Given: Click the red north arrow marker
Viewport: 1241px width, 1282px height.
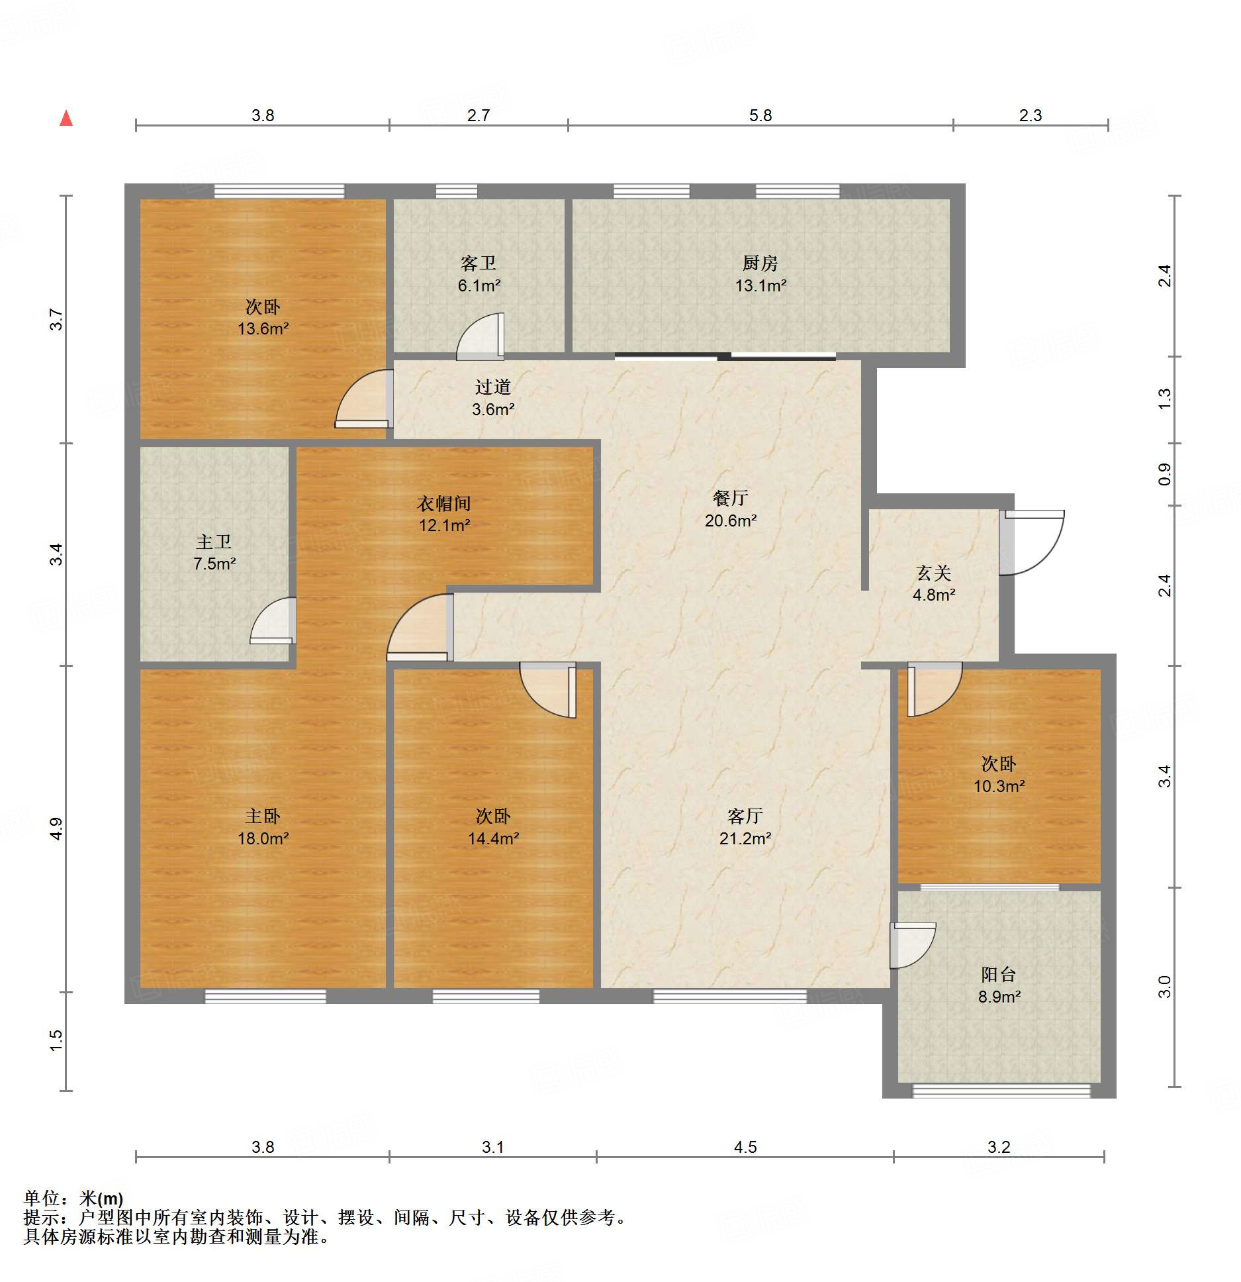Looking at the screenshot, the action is [x=66, y=119].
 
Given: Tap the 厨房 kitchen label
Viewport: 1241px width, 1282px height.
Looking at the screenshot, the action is [x=760, y=264].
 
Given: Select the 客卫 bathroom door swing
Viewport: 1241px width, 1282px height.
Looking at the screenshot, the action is [x=480, y=336].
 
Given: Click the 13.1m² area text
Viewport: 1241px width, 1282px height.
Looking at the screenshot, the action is [x=760, y=286].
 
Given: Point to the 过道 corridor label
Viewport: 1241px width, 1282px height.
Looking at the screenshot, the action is [x=493, y=387].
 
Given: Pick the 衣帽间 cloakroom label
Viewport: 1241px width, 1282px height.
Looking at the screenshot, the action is [x=444, y=503].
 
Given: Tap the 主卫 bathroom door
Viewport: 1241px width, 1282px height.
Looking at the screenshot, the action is [x=273, y=620].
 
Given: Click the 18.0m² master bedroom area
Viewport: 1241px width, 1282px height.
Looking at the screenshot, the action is [x=263, y=838].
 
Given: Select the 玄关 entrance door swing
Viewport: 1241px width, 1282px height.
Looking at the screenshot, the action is [x=1032, y=542].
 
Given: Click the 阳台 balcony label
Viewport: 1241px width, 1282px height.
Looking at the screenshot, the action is [x=998, y=975].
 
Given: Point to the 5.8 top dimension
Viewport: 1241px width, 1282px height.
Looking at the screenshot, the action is [x=760, y=115].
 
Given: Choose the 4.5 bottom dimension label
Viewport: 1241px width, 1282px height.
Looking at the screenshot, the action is [x=745, y=1147].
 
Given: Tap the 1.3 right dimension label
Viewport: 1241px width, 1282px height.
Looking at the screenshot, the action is [x=1164, y=399].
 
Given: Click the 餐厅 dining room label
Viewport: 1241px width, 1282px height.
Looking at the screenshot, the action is [x=730, y=498].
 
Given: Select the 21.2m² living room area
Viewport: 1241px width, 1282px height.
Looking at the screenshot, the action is [x=745, y=838].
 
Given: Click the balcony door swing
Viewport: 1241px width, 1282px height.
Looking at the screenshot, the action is [x=913, y=946].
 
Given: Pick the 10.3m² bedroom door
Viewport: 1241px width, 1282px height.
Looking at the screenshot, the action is [x=935, y=689].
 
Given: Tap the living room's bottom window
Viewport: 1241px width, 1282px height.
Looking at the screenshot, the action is [x=729, y=995].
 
